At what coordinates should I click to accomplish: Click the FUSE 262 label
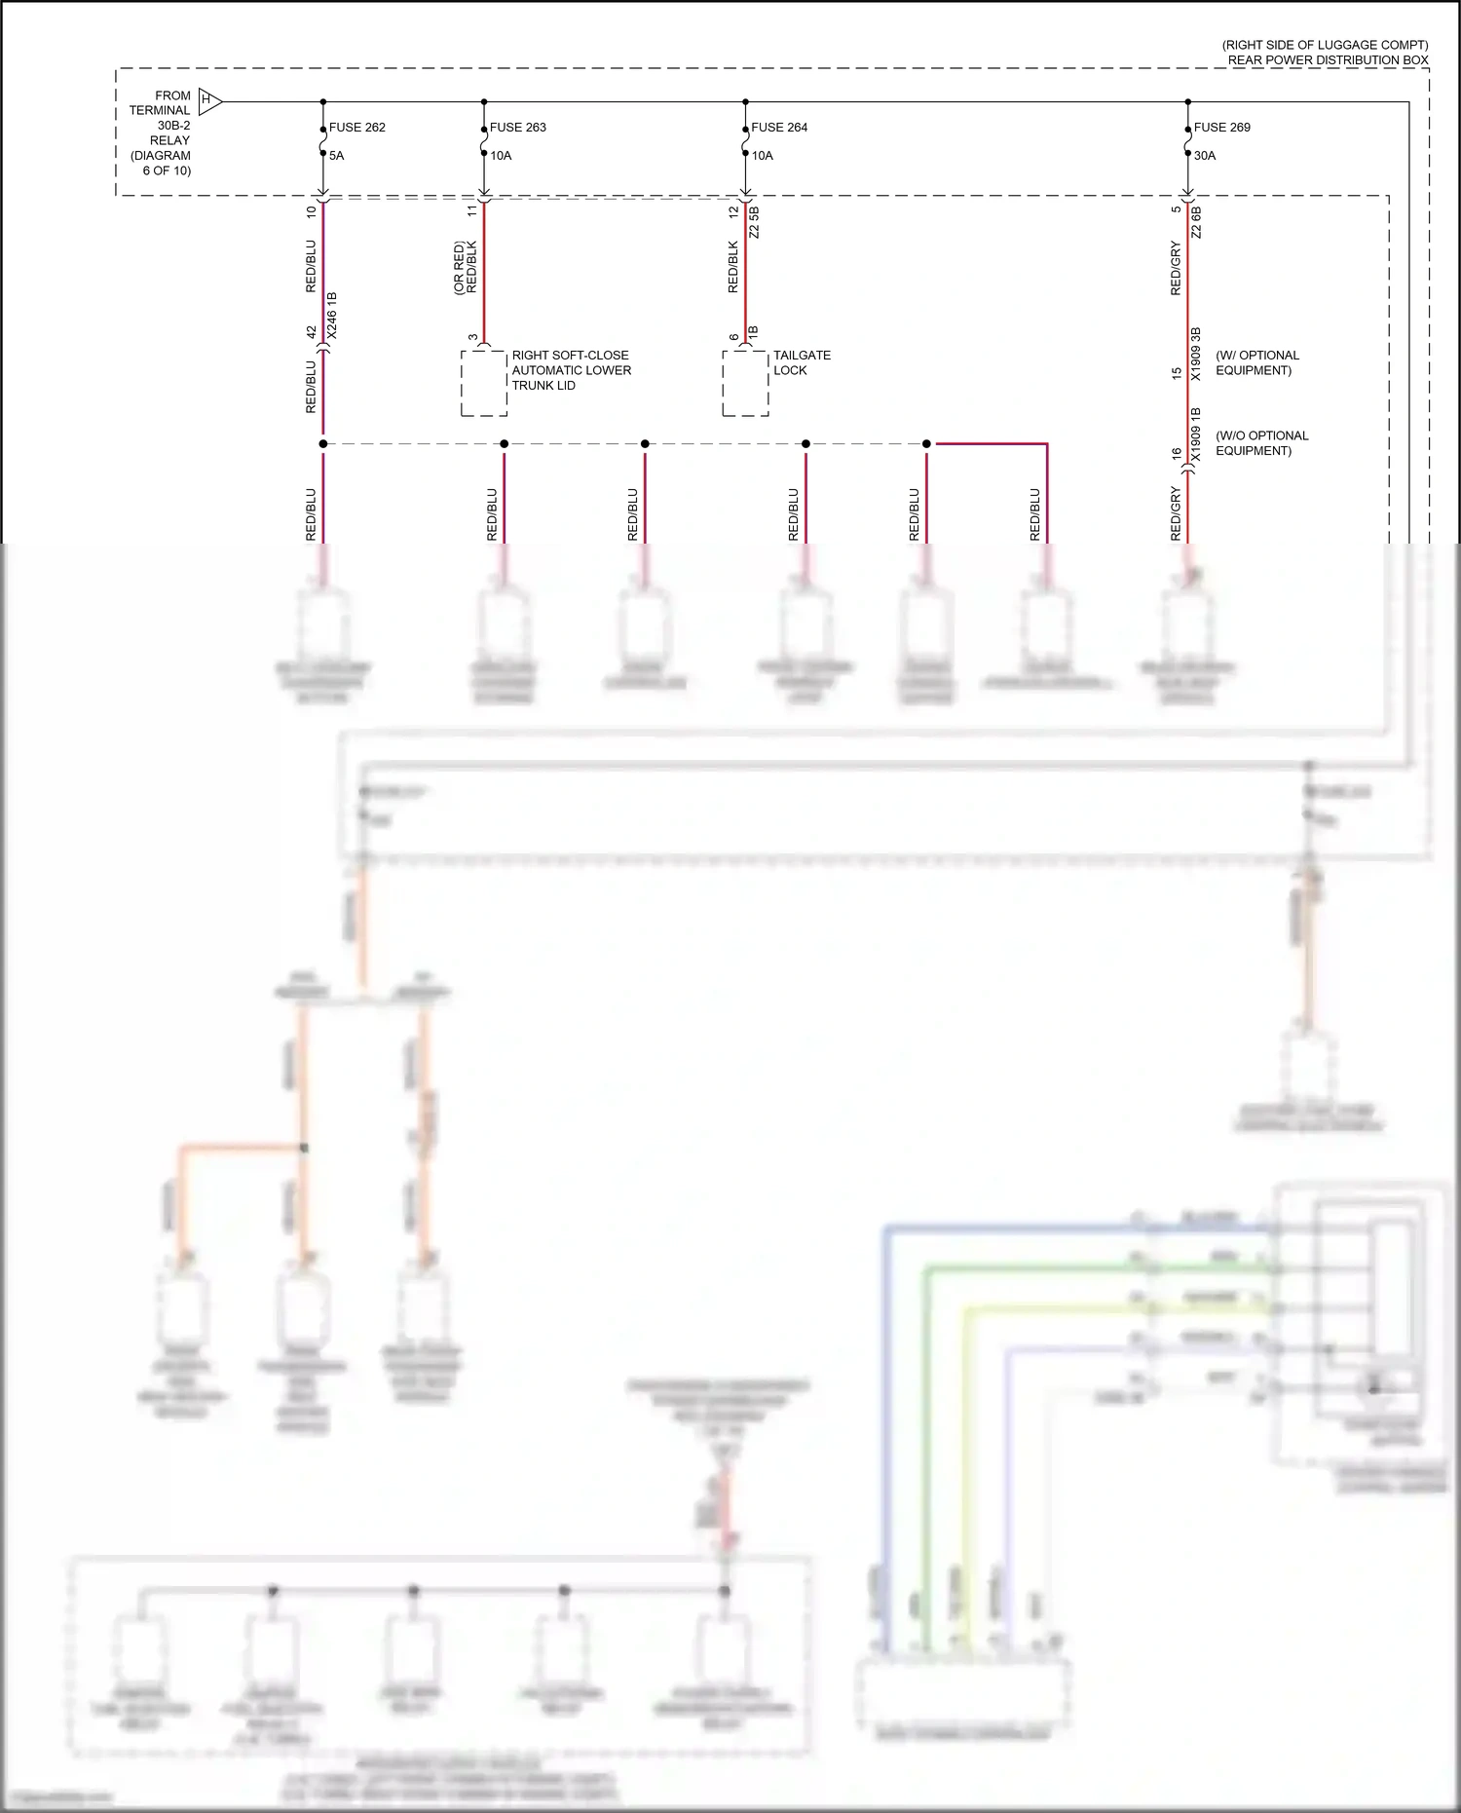[356, 128]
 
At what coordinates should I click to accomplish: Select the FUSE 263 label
[517, 128]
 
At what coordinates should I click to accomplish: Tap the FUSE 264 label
[778, 128]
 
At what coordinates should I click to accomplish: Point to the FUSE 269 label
[1221, 128]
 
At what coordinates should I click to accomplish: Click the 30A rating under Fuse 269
[1205, 156]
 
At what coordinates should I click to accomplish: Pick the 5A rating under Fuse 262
[336, 156]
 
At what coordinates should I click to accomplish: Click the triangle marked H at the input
[209, 100]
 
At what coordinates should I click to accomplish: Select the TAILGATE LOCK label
[802, 362]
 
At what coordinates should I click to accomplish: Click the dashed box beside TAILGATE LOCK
[745, 384]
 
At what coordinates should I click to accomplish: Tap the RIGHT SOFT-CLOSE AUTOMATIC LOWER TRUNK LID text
[571, 370]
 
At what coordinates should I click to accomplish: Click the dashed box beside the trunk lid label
[484, 384]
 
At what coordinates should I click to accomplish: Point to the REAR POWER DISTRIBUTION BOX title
[1327, 60]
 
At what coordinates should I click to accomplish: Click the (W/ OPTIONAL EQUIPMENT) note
[1256, 362]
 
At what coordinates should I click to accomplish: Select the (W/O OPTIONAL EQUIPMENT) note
[1261, 443]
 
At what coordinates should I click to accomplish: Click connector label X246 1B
[332, 315]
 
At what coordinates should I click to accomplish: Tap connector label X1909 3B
[1196, 354]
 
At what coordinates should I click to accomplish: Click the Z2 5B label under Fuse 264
[755, 222]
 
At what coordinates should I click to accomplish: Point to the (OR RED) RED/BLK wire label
[465, 268]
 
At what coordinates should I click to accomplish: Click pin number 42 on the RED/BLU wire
[312, 333]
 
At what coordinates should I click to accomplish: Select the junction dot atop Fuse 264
[745, 101]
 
